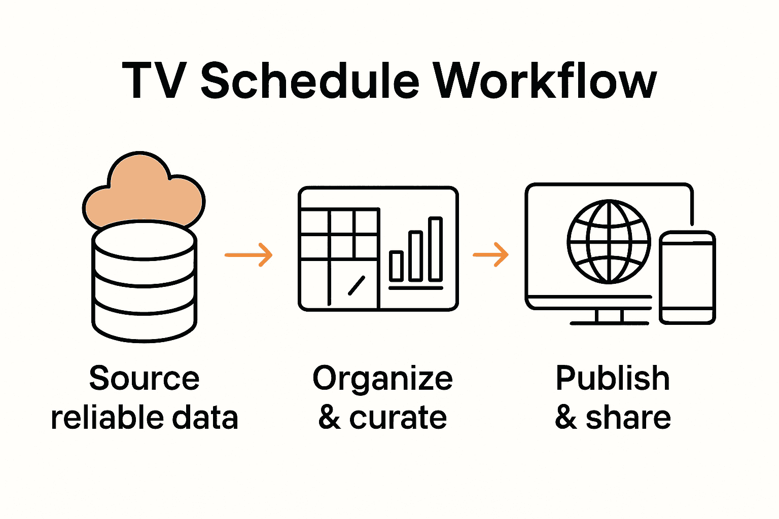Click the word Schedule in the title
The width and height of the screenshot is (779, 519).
click(310, 81)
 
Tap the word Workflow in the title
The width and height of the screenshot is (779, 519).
click(545, 81)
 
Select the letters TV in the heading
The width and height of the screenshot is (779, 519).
click(152, 81)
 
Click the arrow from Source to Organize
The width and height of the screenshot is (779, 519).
click(249, 254)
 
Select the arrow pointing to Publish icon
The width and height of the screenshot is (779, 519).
click(490, 254)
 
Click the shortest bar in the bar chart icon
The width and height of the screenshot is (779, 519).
click(396, 266)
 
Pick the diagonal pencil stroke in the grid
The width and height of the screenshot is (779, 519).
click(357, 285)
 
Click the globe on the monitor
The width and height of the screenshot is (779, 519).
click(609, 241)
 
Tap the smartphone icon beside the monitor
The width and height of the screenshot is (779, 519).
click(688, 277)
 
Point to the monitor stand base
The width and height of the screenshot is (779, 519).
click(609, 322)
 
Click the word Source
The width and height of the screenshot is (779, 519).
click(145, 379)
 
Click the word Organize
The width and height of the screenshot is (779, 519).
click(382, 380)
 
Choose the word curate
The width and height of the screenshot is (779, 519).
click(398, 418)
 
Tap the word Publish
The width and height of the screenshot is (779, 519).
click(613, 379)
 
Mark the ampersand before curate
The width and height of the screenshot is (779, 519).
click(330, 418)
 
